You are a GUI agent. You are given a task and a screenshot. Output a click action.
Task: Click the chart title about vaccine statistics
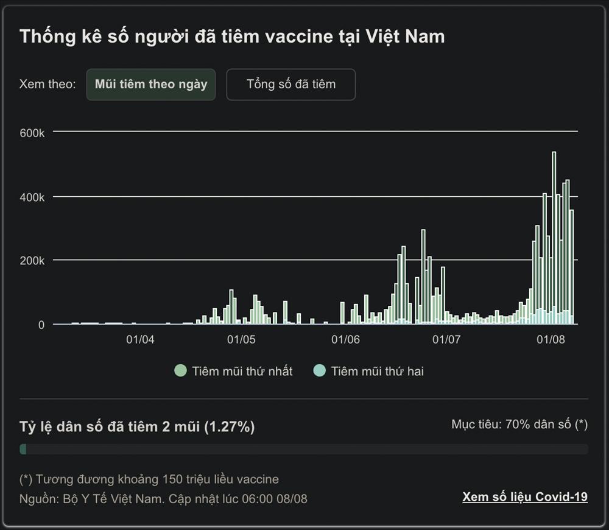point(232,37)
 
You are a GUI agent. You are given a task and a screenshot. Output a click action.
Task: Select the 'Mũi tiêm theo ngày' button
point(151,84)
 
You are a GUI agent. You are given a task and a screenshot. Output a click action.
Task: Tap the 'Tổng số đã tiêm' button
point(291,84)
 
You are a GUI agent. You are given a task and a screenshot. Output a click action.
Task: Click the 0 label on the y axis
point(41,325)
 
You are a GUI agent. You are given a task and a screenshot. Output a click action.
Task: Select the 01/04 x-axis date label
point(140,339)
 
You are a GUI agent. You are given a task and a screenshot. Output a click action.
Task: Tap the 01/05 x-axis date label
point(241,339)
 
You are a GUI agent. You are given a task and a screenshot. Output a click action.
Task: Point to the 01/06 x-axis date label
point(345,339)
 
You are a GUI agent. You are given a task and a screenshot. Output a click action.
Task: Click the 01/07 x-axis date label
point(446,339)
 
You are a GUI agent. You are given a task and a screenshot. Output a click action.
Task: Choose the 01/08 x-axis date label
point(551,339)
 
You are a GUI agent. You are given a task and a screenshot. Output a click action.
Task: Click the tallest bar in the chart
point(554,238)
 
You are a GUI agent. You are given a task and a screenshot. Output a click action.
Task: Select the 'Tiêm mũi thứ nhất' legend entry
point(234,371)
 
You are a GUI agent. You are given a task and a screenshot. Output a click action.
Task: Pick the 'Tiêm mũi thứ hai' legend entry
point(369,371)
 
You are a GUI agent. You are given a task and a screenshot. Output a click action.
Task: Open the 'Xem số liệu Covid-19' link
point(525,497)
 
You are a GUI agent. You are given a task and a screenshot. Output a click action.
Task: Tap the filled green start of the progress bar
point(23,449)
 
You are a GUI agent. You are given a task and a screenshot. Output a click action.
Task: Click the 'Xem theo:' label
point(48,84)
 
